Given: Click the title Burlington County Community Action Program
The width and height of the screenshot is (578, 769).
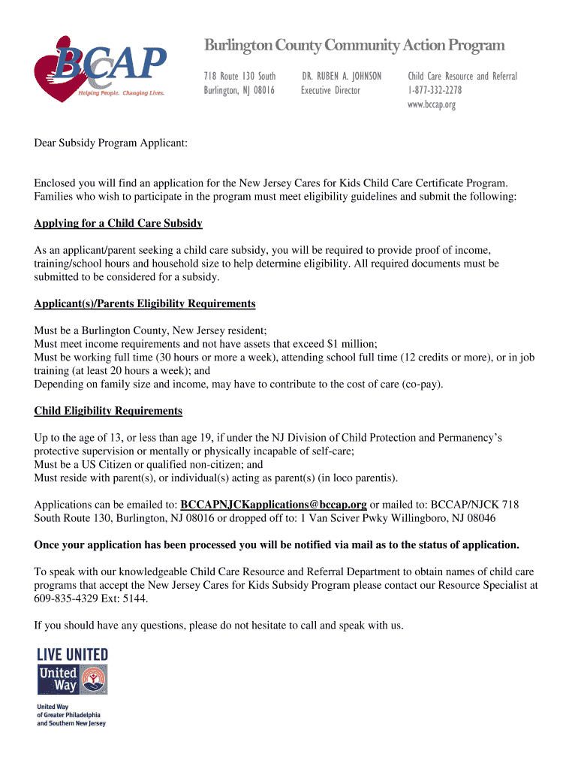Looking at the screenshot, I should tap(354, 46).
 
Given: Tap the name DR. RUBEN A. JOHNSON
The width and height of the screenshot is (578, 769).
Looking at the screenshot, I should tap(342, 76).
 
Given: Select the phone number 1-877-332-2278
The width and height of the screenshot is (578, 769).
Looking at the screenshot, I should tap(435, 90).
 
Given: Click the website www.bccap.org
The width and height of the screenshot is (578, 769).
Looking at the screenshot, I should tap(432, 104).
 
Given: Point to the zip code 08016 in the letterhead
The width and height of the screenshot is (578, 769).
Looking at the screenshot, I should tap(261, 90).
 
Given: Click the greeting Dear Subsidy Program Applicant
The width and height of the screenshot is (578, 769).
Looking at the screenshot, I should tap(110, 143).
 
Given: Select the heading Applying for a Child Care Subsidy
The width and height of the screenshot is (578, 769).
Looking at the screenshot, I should tap(118, 224).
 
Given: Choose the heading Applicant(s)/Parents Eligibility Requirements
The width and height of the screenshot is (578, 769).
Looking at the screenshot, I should tap(145, 304).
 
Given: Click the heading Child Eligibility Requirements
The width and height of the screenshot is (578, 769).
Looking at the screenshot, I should tap(108, 411).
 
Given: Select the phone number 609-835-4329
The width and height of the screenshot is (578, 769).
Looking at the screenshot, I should tap(66, 599).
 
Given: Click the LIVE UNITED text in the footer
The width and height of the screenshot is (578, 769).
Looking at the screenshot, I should tap(72, 655).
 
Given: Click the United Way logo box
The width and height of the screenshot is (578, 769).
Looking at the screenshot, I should tap(72, 679).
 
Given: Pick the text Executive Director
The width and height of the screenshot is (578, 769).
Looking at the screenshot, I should tap(330, 90).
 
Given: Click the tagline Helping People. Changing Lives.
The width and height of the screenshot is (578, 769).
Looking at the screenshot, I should tap(122, 93).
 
